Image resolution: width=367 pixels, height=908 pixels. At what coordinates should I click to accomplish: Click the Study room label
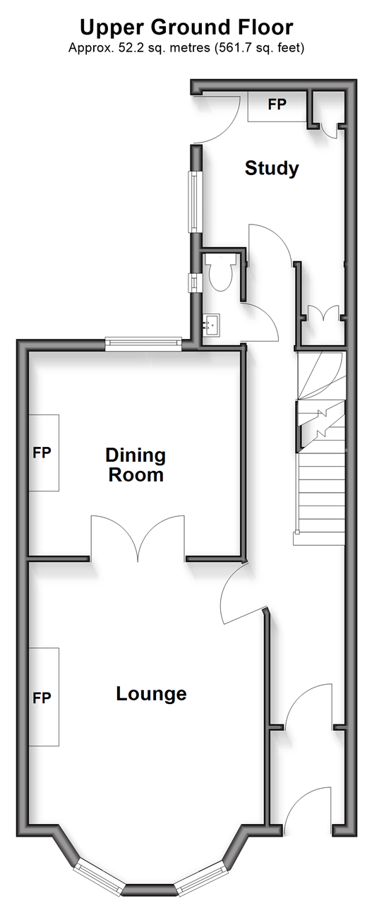click(272, 169)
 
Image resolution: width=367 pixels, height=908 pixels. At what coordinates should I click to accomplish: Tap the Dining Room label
click(136, 465)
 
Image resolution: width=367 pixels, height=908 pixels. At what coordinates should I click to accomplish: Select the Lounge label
click(152, 693)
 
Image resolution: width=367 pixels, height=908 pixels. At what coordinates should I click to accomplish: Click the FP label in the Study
click(277, 104)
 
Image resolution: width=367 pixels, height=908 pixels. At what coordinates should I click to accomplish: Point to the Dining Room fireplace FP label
click(42, 453)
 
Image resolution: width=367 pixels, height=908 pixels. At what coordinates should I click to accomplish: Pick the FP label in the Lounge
click(42, 698)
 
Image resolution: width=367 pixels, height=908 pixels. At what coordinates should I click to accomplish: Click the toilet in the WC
click(220, 272)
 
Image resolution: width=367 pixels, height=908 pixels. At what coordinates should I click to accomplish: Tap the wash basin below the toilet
click(211, 324)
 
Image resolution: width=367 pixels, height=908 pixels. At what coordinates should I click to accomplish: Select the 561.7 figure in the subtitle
click(234, 48)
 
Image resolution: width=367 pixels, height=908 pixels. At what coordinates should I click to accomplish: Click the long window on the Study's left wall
click(195, 201)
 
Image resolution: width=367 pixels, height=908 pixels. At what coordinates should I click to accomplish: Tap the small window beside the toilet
click(195, 282)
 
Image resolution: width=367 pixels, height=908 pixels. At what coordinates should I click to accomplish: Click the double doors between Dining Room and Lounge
click(138, 538)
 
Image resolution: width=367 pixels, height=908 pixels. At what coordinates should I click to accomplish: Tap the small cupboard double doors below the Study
click(323, 313)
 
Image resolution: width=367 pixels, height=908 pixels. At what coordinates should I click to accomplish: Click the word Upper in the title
click(113, 28)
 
